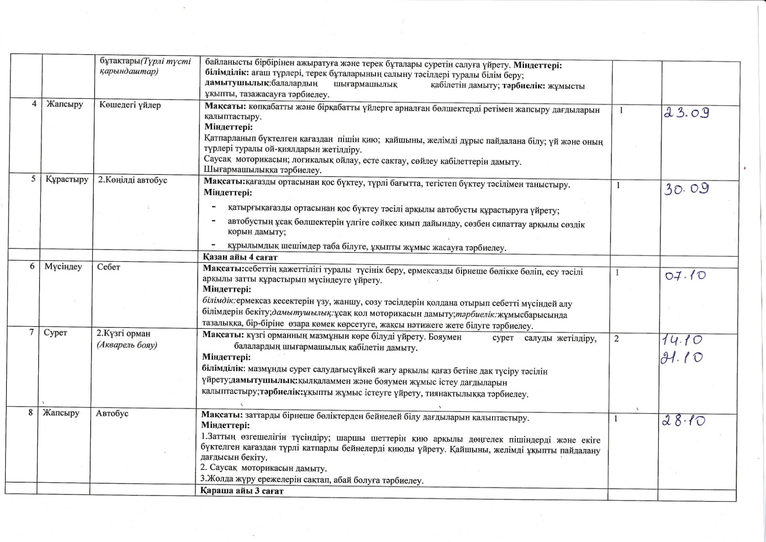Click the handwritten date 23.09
tap(687, 113)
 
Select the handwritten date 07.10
tap(685, 276)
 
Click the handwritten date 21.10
tap(681, 358)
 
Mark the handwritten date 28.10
tap(684, 421)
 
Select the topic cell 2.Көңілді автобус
tap(132, 180)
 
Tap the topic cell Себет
tap(108, 267)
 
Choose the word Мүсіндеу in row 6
tap(63, 267)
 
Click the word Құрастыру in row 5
tap(66, 180)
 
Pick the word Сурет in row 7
tap(55, 333)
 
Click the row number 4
tap(34, 104)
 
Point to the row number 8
tap(30, 413)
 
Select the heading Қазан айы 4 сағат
tap(240, 257)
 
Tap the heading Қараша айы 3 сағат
tap(242, 491)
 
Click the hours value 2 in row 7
tap(617, 338)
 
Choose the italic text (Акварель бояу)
tap(127, 345)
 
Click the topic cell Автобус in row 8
tap(112, 414)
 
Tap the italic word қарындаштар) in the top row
tap(129, 72)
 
